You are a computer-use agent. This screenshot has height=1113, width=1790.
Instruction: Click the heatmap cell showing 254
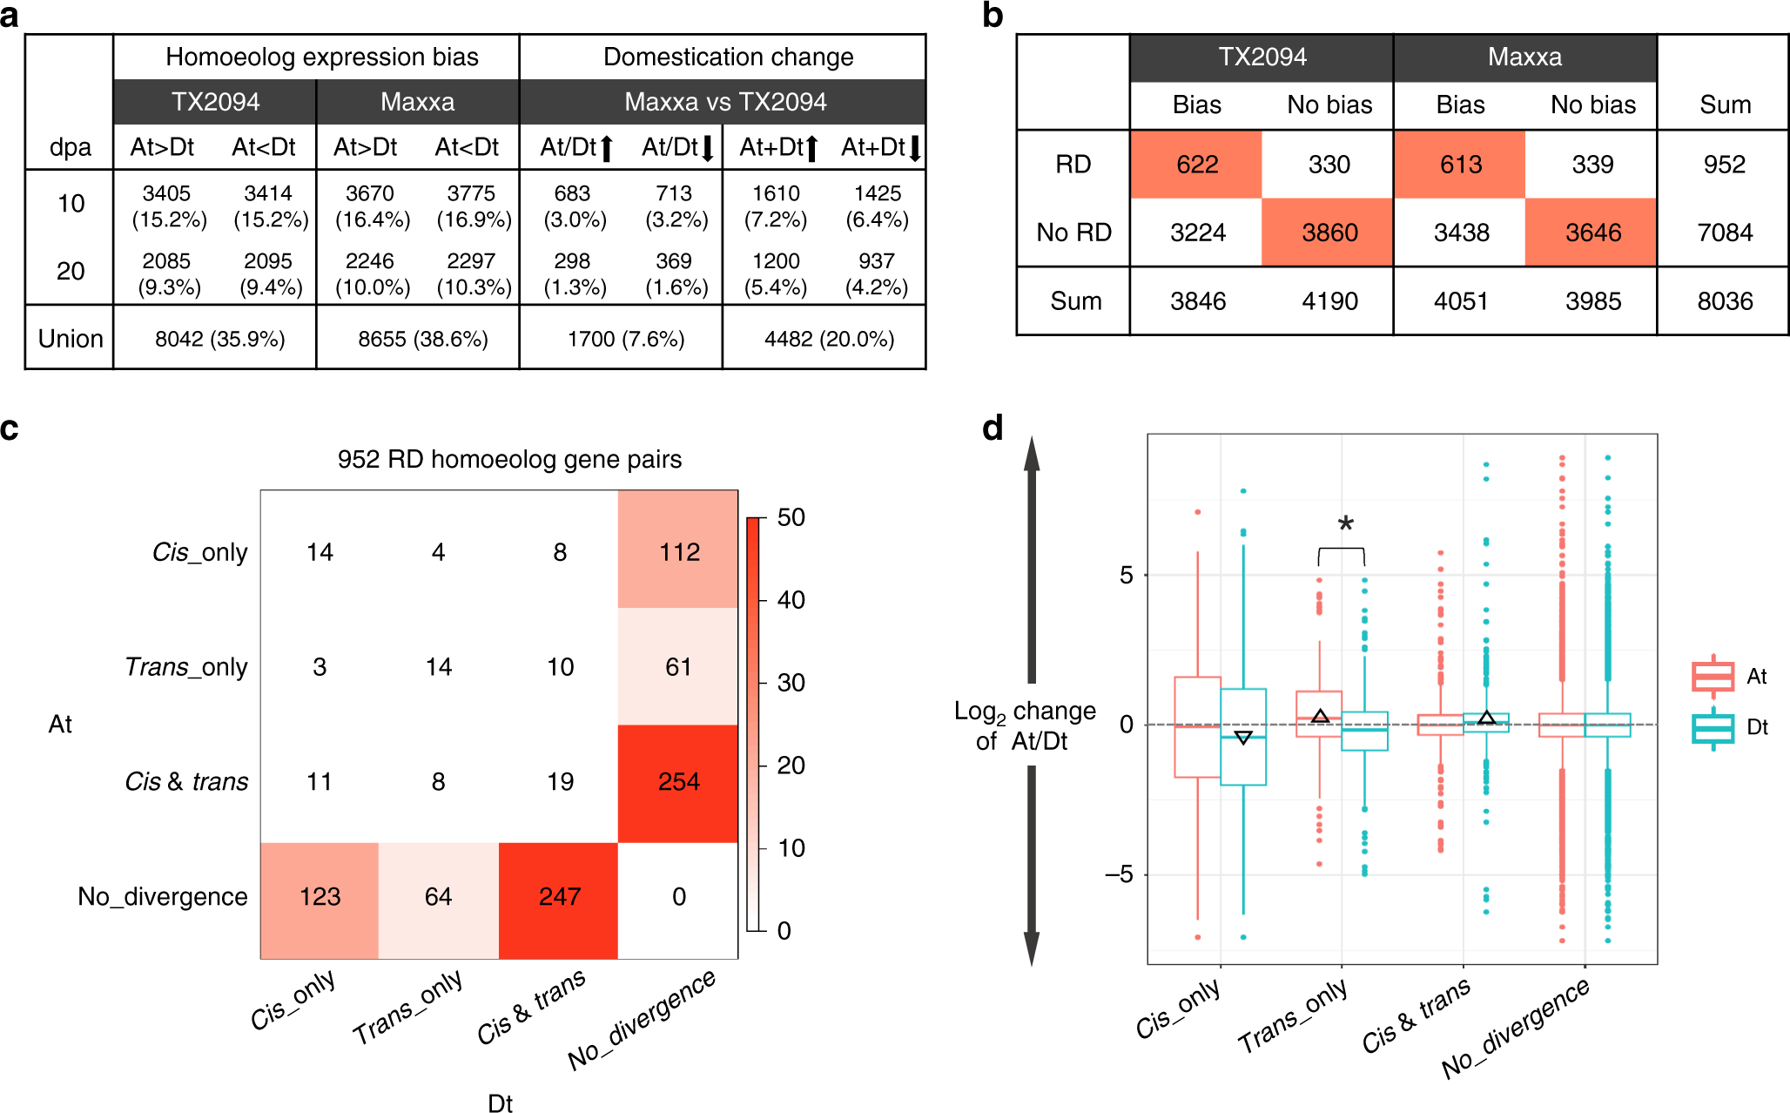pyautogui.click(x=678, y=782)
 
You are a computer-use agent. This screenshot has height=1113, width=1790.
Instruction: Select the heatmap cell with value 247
pyautogui.click(x=559, y=897)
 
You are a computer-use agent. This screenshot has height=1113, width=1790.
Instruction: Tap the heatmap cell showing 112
pyautogui.click(x=678, y=552)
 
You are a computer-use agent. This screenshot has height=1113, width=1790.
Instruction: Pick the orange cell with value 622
pyautogui.click(x=1197, y=165)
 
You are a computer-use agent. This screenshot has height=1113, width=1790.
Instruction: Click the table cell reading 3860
pyautogui.click(x=1329, y=233)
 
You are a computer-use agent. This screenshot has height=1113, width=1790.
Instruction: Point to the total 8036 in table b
pyautogui.click(x=1724, y=301)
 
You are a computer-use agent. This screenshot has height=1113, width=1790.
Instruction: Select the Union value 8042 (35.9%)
pyautogui.click(x=219, y=339)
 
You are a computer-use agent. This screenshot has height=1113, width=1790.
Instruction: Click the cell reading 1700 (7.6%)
pyautogui.click(x=626, y=339)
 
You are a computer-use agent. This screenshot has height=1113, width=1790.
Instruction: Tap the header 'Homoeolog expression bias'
pyautogui.click(x=321, y=57)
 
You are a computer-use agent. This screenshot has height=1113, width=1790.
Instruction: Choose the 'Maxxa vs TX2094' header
pyautogui.click(x=725, y=102)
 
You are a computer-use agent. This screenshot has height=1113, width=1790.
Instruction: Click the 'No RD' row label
pyautogui.click(x=1073, y=233)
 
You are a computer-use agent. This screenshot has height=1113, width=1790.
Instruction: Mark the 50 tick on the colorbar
pyautogui.click(x=791, y=518)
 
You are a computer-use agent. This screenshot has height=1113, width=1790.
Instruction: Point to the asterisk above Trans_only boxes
pyautogui.click(x=1346, y=524)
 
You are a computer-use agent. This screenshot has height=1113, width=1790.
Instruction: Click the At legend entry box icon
pyautogui.click(x=1713, y=677)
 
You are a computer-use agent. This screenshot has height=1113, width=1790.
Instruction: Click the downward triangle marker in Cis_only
pyautogui.click(x=1243, y=738)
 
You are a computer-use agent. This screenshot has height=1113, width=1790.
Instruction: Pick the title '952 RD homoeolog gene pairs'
pyautogui.click(x=509, y=459)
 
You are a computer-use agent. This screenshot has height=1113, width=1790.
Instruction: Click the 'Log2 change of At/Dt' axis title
pyautogui.click(x=1024, y=725)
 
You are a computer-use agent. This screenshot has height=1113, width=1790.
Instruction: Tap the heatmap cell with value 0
pyautogui.click(x=678, y=897)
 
